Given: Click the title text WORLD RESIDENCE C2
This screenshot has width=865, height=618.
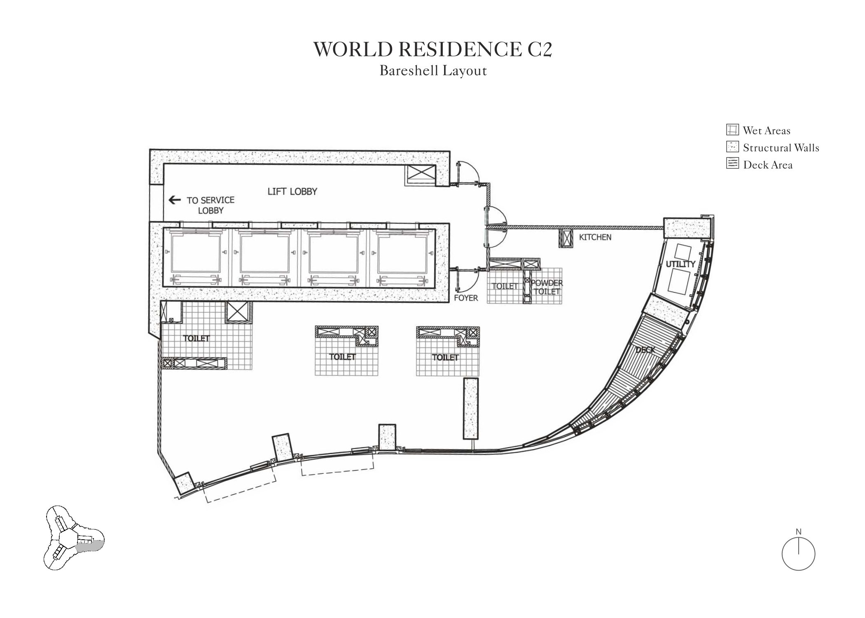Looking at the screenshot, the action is pyautogui.click(x=432, y=49).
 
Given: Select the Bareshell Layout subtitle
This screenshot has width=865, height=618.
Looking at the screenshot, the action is pyautogui.click(x=433, y=71).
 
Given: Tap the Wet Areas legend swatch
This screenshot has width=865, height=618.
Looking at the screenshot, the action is pyautogui.click(x=732, y=130).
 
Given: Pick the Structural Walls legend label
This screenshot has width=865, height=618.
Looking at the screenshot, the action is pyautogui.click(x=781, y=147).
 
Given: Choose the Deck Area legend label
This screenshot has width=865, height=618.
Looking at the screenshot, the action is pyautogui.click(x=768, y=165).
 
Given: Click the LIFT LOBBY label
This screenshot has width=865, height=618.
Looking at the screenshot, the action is pyautogui.click(x=292, y=192).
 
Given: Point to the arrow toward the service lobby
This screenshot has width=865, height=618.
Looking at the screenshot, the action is pyautogui.click(x=175, y=200).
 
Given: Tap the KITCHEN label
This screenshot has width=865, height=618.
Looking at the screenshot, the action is pyautogui.click(x=595, y=237).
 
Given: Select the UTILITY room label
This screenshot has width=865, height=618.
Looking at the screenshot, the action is pyautogui.click(x=680, y=264).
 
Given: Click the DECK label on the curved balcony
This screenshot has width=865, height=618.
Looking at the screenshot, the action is pyautogui.click(x=645, y=350).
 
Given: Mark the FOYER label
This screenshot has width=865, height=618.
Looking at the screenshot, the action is pyautogui.click(x=466, y=298).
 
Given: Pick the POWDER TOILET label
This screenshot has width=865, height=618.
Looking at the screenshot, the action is pyautogui.click(x=547, y=287).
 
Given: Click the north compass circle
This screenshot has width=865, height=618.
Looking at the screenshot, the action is pyautogui.click(x=798, y=554).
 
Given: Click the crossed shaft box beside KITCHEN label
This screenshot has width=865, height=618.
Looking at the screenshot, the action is pyautogui.click(x=566, y=239).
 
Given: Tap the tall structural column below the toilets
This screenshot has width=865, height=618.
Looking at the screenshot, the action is pyautogui.click(x=471, y=408).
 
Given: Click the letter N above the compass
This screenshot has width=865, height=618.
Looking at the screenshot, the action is pyautogui.click(x=798, y=532).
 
